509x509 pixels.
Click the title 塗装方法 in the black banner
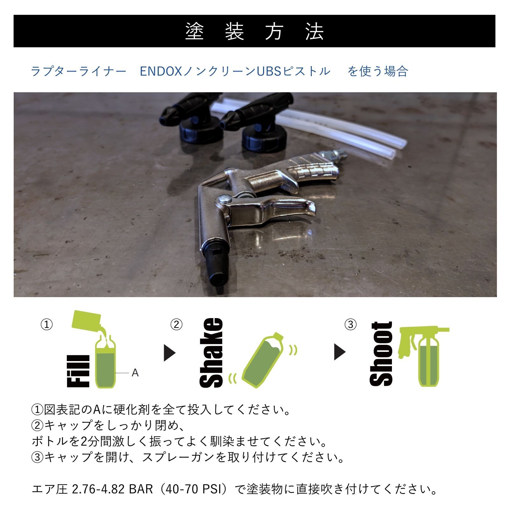click(x=254, y=31)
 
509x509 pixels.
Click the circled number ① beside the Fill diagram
click(x=47, y=324)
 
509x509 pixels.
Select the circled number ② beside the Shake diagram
click(x=176, y=324)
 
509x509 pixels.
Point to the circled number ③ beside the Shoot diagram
click(x=351, y=324)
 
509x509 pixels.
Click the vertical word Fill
click(x=79, y=371)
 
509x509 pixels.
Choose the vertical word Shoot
click(x=381, y=354)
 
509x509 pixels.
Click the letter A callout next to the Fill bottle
click(x=135, y=373)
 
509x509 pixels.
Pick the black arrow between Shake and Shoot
click(x=339, y=352)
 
